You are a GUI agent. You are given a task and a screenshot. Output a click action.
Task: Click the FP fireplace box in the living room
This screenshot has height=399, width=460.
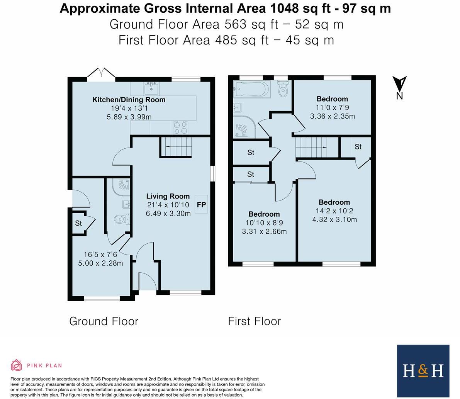point(202,204)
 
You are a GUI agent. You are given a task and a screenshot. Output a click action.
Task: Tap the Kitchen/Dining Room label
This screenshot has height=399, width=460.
point(129,100)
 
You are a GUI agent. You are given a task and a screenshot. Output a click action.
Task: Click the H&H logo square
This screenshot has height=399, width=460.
point(423,371)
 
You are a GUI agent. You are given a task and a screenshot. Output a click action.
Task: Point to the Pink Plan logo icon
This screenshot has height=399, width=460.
point(16,365)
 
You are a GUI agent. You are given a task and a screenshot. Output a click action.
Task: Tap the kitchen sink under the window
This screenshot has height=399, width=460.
point(151,89)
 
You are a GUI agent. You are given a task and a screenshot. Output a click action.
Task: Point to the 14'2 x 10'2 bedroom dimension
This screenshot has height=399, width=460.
point(334,211)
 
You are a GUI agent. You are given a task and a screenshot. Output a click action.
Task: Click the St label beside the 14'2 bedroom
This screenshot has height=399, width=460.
point(358,147)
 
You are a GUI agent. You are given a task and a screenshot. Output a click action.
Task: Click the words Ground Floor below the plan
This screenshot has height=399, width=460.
point(104,321)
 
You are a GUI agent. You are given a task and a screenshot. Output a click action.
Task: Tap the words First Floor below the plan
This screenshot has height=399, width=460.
point(254,321)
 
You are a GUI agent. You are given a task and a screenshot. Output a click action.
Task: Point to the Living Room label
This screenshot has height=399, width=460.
point(168,196)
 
